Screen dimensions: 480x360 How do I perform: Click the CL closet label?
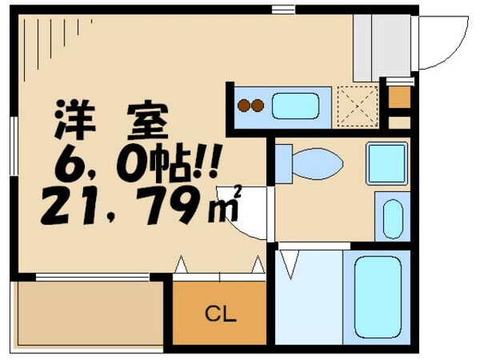221,314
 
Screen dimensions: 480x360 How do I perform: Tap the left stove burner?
244,106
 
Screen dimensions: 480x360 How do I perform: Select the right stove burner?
258,106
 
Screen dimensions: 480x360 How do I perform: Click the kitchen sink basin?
295,106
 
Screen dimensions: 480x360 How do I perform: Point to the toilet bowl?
318,164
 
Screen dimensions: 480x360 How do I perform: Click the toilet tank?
284,164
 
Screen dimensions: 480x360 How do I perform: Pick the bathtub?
378,297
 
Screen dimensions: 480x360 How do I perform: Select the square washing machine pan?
387,163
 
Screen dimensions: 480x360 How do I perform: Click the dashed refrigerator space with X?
357,107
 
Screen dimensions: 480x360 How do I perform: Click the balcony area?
89,314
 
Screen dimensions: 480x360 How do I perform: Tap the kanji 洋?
75,119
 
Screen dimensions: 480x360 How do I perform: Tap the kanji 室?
148,120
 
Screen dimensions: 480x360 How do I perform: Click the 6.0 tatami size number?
99,164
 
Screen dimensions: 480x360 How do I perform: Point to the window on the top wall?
283,10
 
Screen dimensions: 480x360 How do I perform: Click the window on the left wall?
14,146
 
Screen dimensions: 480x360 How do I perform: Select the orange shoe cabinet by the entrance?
399,97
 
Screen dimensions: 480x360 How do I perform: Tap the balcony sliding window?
93,278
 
